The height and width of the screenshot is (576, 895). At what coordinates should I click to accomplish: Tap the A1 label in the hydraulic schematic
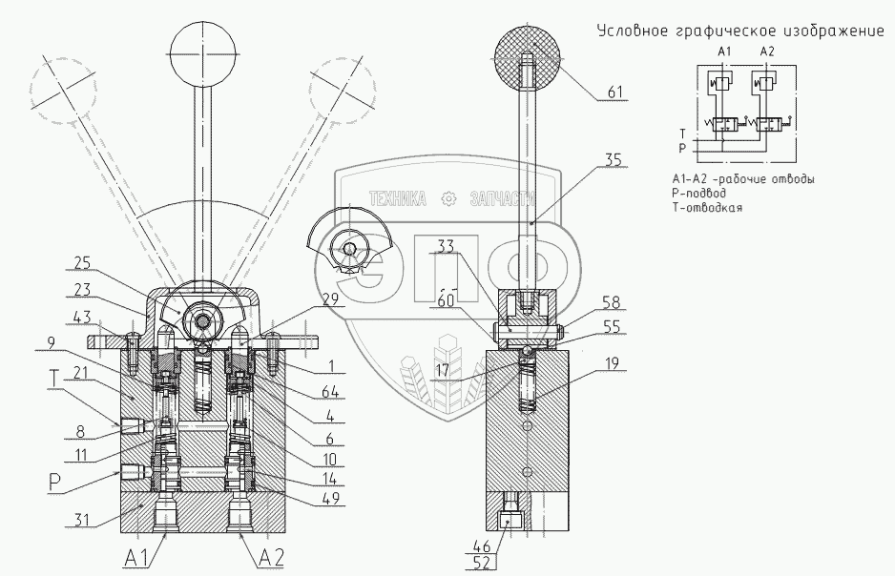tap(723, 50)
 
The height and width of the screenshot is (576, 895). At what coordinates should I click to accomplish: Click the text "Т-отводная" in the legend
tap(707, 207)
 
